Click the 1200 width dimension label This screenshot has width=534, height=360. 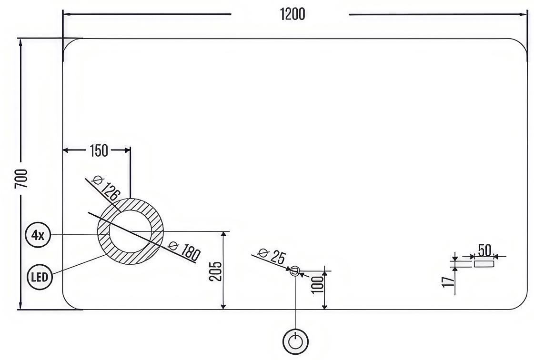click(x=292, y=14)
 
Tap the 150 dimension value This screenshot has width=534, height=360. click(x=99, y=150)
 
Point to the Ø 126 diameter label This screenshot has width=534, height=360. click(x=106, y=188)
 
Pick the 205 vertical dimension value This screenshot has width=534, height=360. click(x=215, y=271)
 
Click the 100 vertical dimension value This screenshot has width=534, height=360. click(x=317, y=284)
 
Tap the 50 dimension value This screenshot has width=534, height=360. click(x=484, y=250)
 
